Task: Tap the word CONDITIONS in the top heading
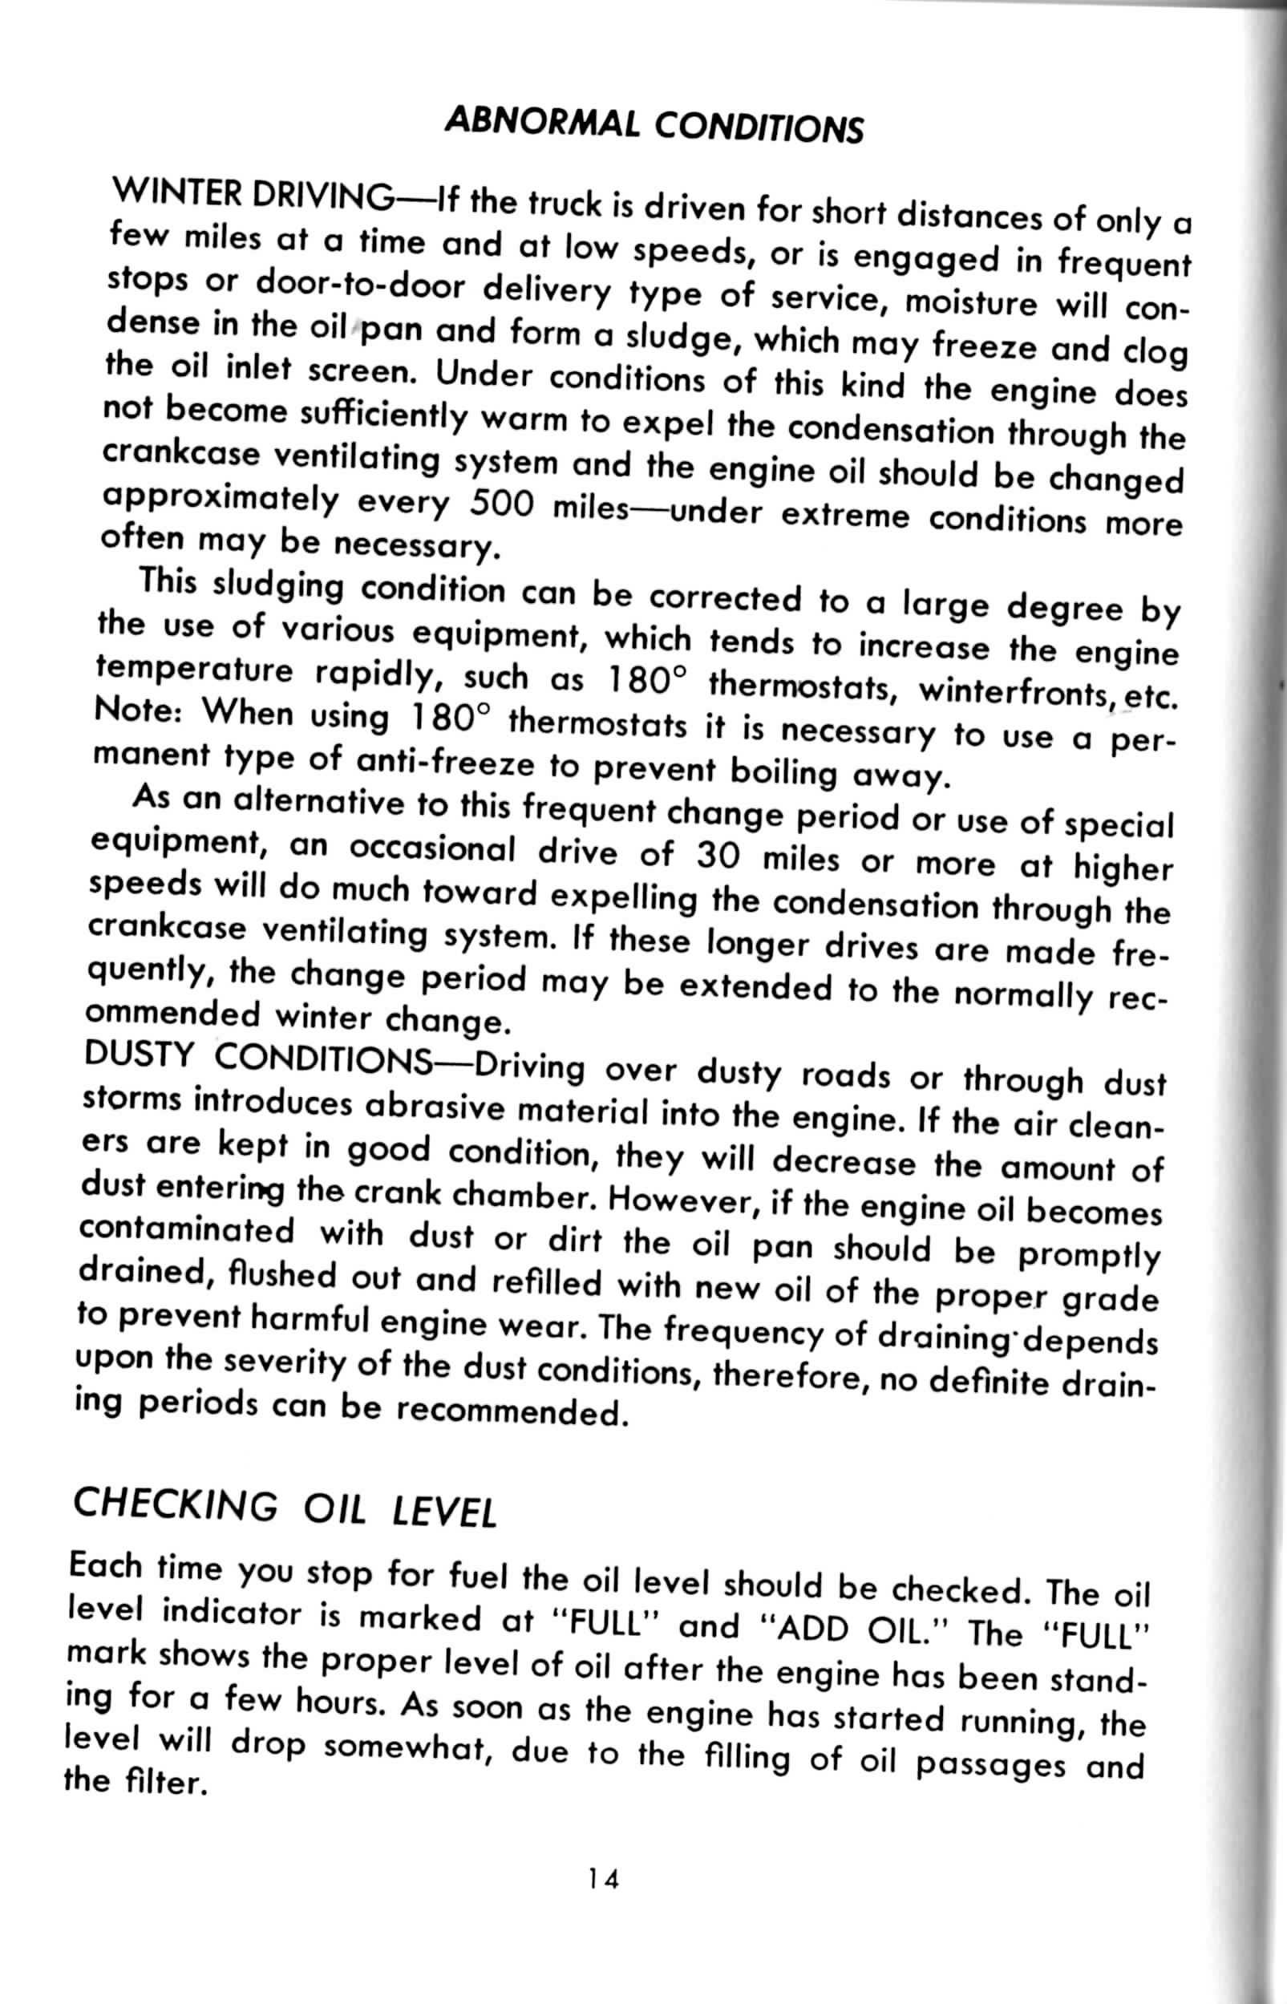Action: click(758, 128)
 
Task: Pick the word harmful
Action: click(311, 1318)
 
